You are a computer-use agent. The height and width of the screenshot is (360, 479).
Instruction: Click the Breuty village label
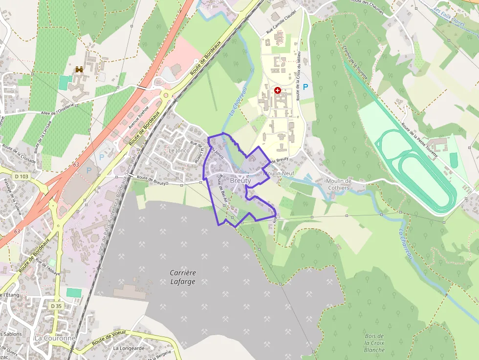pyautogui.click(x=240, y=181)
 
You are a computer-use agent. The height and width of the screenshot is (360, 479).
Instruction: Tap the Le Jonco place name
pyautogui.click(x=178, y=150)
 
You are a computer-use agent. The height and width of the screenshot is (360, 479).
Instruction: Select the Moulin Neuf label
pyautogui.click(x=279, y=173)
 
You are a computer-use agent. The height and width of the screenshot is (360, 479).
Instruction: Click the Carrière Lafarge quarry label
pyautogui.click(x=183, y=277)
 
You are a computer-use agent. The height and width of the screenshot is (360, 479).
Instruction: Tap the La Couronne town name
pyautogui.click(x=55, y=338)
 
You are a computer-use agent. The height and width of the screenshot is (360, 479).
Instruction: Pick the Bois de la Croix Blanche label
pyautogui.click(x=374, y=343)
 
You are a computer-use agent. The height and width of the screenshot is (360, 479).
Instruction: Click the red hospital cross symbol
pyautogui.click(x=278, y=90)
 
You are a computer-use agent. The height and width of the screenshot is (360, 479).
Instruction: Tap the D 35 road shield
pyautogui.click(x=57, y=306)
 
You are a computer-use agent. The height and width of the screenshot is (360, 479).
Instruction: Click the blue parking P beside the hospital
pyautogui.click(x=305, y=87)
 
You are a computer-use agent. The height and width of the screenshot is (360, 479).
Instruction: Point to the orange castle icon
pyautogui.click(x=79, y=70)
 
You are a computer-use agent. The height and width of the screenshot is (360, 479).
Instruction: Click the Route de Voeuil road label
pyautogui.click(x=109, y=336)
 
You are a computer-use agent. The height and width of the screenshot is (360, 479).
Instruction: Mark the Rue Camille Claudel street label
pyautogui.click(x=281, y=21)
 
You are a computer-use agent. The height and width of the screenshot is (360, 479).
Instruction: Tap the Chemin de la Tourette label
pyautogui.click(x=355, y=63)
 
